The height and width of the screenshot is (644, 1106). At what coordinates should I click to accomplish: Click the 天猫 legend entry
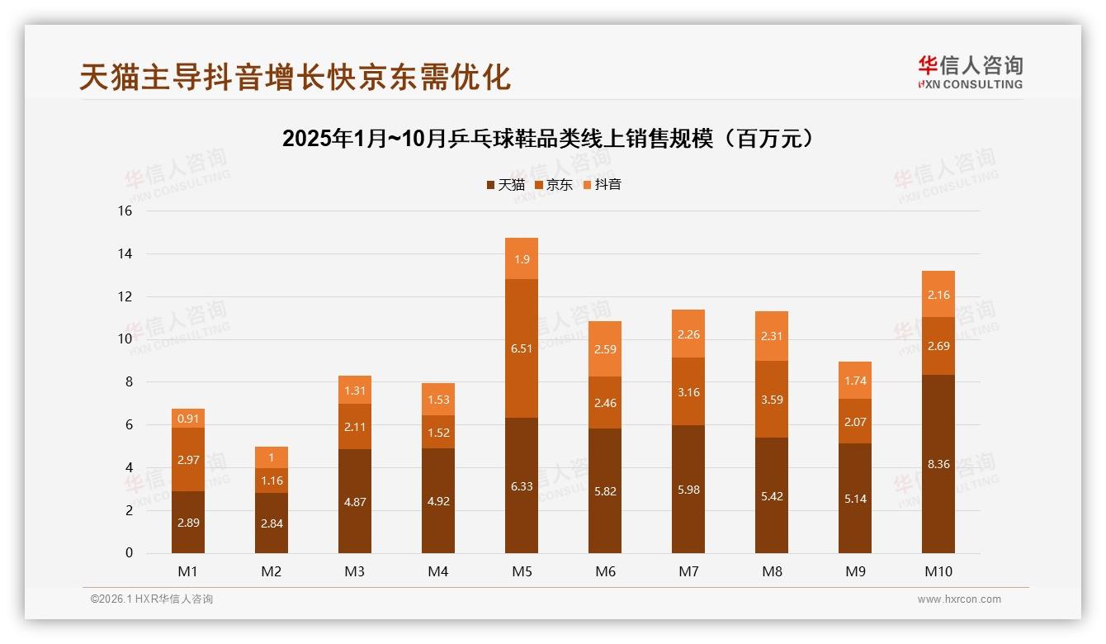click(505, 184)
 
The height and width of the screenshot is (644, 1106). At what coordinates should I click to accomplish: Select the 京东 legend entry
click(554, 184)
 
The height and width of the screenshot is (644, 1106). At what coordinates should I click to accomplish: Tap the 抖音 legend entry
click(602, 184)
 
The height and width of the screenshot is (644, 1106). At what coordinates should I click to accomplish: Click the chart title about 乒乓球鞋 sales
click(551, 139)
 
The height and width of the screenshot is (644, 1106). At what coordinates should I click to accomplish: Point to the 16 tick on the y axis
click(125, 211)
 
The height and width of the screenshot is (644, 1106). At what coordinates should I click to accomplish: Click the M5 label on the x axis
click(521, 571)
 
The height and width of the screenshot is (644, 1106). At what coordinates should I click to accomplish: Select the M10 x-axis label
click(938, 571)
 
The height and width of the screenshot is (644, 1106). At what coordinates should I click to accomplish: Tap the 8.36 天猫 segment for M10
click(938, 464)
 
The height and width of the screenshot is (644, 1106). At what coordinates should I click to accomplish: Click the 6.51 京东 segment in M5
click(522, 348)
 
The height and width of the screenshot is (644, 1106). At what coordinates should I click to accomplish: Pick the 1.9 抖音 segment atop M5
click(522, 259)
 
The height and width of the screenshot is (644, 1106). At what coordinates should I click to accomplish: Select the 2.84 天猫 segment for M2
click(272, 523)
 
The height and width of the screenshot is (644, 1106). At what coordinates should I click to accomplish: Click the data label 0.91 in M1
click(188, 419)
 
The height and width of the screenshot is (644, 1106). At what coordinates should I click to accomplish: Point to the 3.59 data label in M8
click(772, 400)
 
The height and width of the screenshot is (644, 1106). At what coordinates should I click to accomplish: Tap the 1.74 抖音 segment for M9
click(855, 381)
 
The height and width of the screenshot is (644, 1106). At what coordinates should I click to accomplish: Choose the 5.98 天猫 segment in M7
click(688, 489)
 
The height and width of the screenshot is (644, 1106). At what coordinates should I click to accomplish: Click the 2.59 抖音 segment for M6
click(605, 349)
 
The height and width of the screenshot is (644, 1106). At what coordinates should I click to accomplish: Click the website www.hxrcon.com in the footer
click(959, 599)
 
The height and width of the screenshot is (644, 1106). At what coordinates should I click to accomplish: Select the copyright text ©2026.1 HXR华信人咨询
click(152, 599)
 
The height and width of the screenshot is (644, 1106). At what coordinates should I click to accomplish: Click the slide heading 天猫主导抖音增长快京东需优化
click(295, 77)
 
